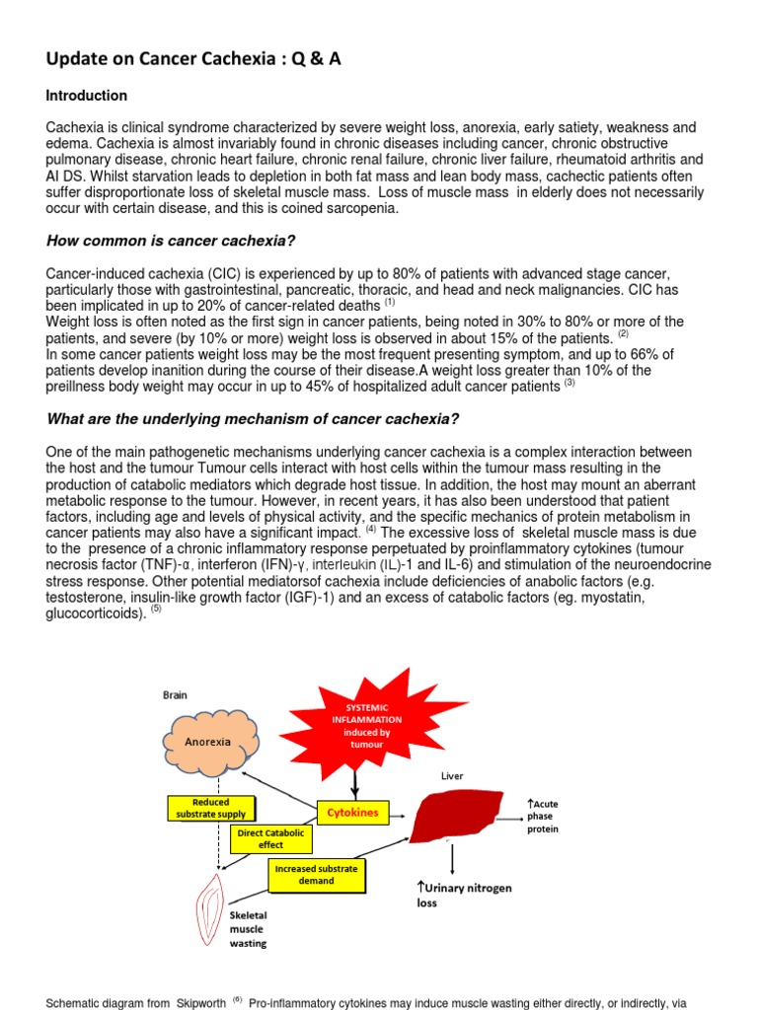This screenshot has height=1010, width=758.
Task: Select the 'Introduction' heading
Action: click(87, 96)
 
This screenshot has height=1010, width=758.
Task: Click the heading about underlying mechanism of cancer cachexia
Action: click(253, 419)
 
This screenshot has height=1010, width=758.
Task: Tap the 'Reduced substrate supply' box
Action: click(211, 808)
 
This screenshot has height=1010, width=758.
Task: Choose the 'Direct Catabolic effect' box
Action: click(270, 838)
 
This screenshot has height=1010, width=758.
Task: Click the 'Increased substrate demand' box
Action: click(317, 873)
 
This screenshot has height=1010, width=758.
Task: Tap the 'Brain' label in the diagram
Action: click(175, 695)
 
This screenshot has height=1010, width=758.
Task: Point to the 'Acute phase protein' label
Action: click(544, 817)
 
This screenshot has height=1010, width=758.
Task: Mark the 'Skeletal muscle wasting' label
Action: click(248, 929)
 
